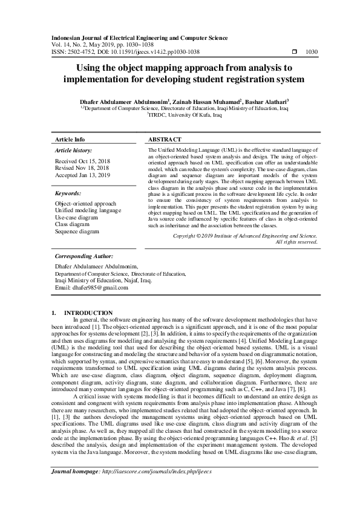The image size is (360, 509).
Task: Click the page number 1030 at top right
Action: click(312, 53)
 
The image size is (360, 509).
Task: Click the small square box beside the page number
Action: click(294, 53)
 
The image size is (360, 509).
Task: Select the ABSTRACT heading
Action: click(165, 138)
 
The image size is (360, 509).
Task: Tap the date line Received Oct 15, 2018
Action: click(82, 162)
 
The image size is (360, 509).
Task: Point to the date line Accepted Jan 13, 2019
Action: click(82, 175)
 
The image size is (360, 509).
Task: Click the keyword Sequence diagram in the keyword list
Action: click(77, 231)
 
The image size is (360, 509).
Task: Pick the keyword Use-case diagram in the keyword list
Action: click(77, 217)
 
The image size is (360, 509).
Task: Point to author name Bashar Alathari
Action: click(268, 102)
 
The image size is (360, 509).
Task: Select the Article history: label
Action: click(73, 149)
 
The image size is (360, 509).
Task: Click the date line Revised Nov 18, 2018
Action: click(82, 169)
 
